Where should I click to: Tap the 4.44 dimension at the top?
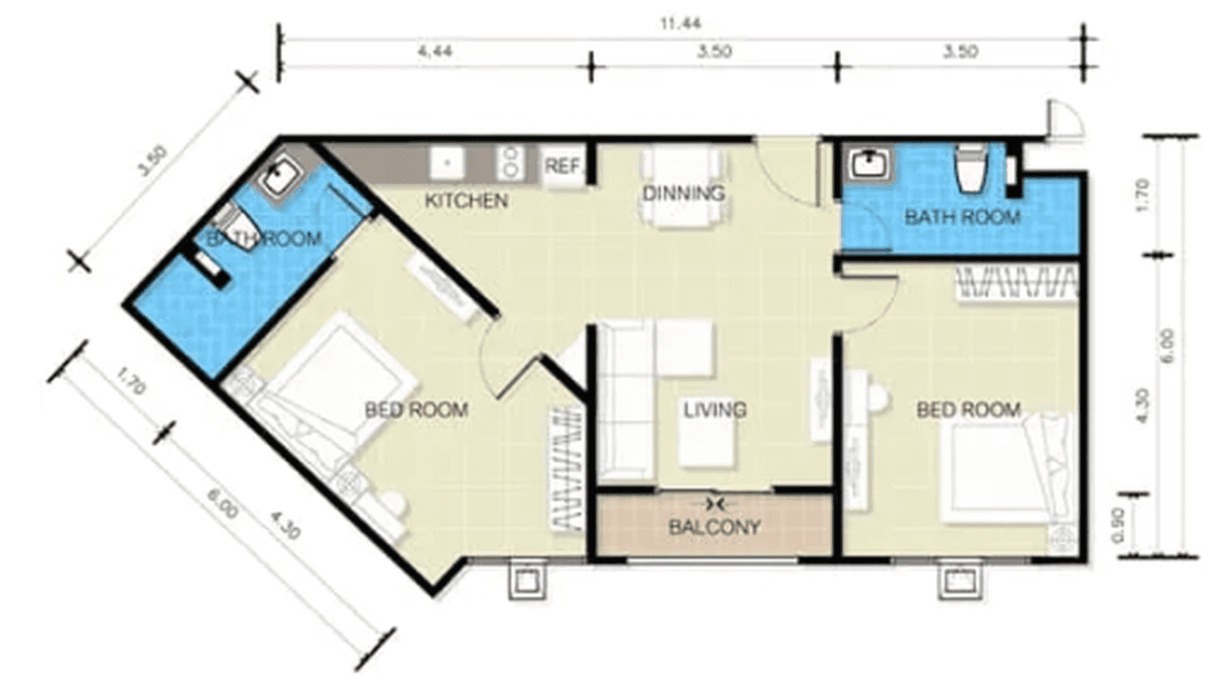[x=435, y=53]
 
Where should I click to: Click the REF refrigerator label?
[x=562, y=167]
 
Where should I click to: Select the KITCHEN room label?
[x=466, y=200]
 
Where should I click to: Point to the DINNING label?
[x=683, y=193]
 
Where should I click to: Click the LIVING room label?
[x=714, y=410]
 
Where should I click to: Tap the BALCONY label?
[x=714, y=526]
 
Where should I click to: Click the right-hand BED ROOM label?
[x=968, y=410]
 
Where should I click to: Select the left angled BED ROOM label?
[x=416, y=410]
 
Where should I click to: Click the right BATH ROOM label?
[x=961, y=218]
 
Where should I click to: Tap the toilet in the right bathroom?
[x=968, y=169]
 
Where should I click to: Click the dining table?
[x=683, y=187]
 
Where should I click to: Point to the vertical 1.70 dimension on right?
[x=1146, y=195]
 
